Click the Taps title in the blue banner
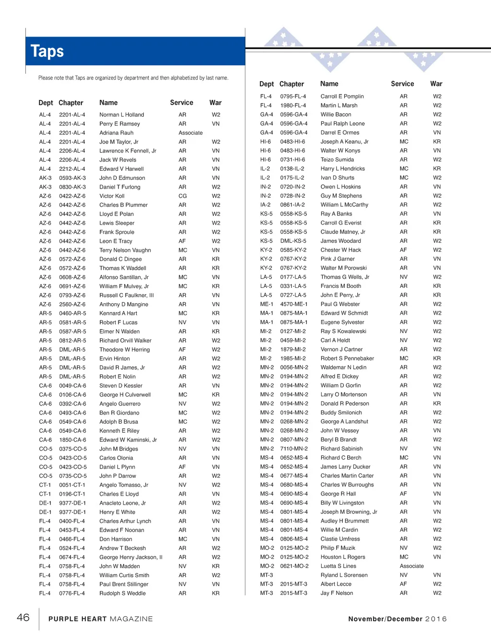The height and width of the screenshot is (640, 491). click(47, 51)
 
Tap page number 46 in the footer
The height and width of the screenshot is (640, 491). click(23, 617)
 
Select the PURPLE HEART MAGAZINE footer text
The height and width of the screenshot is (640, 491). click(101, 619)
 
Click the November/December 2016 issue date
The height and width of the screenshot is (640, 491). click(397, 619)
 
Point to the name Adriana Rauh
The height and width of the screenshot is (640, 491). click(117, 133)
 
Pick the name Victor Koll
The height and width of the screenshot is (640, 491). click(112, 196)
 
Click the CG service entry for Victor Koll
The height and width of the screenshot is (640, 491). click(182, 196)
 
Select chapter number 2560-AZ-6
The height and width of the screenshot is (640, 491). click(72, 304)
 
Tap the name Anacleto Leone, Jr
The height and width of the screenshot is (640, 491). click(123, 503)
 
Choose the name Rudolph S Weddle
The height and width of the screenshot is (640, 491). click(122, 593)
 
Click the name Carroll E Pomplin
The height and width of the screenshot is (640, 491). click(342, 96)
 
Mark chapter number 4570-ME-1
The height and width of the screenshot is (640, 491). click(294, 304)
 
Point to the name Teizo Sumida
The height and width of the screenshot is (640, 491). click(337, 160)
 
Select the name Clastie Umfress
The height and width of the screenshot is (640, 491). click(340, 539)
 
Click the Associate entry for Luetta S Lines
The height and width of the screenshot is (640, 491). click(411, 566)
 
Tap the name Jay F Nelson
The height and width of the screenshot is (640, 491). click(337, 593)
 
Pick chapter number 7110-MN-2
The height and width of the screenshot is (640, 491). click(294, 449)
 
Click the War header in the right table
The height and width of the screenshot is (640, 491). click(436, 83)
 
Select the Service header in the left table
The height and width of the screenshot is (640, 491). click(181, 103)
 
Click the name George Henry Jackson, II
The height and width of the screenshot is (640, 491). click(131, 557)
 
